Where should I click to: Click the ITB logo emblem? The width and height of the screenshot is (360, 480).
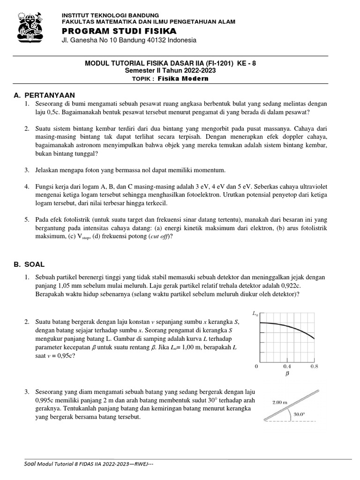(33, 26)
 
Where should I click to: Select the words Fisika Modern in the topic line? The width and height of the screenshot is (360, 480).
(183, 78)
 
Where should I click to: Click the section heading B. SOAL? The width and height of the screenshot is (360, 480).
(31, 265)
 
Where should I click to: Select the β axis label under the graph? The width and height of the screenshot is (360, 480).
(287, 375)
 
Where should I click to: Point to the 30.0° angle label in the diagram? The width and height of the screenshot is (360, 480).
(299, 414)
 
